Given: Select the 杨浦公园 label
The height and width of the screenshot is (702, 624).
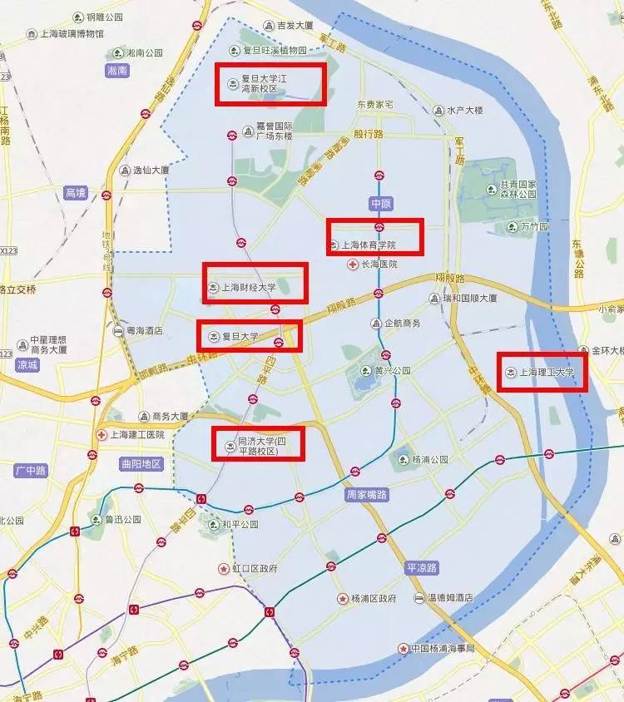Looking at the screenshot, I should tap(429, 459).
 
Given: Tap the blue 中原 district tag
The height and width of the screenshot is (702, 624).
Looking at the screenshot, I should tap(379, 203).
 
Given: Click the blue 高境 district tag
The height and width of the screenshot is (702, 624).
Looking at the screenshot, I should tap(75, 193).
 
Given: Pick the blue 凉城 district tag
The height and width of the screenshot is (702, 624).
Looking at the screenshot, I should tap(27, 364).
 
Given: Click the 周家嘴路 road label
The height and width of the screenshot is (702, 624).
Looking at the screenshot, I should tap(366, 494).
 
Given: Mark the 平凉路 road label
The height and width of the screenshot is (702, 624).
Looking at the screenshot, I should tap(422, 567).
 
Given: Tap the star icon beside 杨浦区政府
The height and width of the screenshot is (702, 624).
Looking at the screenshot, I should tap(342, 599).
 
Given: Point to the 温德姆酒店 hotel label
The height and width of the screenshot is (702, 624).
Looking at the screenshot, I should tap(450, 598).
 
